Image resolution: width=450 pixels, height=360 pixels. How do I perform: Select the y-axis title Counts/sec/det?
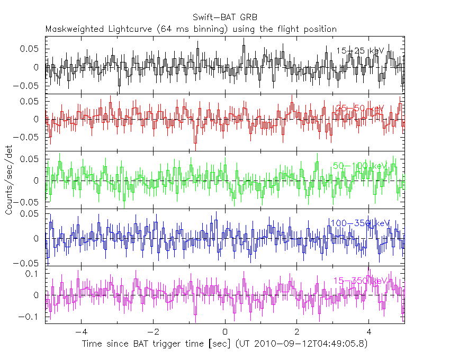click(9, 181)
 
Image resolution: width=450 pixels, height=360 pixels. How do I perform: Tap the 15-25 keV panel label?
click(360, 51)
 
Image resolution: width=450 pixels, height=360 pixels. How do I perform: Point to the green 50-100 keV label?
click(360, 166)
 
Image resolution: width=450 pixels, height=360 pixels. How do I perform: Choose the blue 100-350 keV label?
click(359, 223)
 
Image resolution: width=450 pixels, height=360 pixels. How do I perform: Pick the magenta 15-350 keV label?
click(359, 281)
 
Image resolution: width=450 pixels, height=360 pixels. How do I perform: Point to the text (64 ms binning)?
click(197, 29)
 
